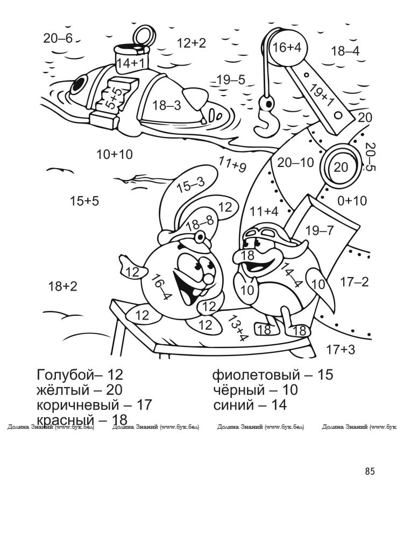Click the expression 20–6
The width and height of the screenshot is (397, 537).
[x=58, y=38]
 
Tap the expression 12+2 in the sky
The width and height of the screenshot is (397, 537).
[x=192, y=43]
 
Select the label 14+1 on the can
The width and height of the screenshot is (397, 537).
[x=131, y=63]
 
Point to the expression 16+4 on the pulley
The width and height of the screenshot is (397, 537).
[x=287, y=47]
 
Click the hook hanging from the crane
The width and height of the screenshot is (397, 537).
[x=267, y=117]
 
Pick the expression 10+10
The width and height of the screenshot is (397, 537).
[x=114, y=155]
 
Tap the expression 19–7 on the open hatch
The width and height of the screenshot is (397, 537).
[x=319, y=230]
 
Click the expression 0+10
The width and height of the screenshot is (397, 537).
[x=352, y=200]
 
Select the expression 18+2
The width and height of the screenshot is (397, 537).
[x=63, y=286]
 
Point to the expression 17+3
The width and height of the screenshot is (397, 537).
[x=340, y=350]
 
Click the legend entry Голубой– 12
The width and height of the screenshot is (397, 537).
[x=80, y=375]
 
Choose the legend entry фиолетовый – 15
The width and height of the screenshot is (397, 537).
[x=273, y=375]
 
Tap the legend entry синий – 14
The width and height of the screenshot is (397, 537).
[x=250, y=405]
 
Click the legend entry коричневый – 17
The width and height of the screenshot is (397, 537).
[x=94, y=405]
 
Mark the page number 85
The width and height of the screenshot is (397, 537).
[x=370, y=471]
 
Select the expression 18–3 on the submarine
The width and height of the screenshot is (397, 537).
[x=166, y=105]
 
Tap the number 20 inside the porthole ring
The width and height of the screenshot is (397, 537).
[x=341, y=168]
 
